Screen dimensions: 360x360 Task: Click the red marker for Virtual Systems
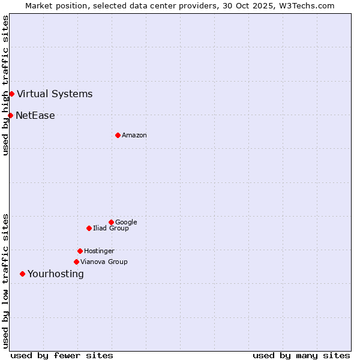tap(11, 94)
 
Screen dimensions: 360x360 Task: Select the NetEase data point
tap(10, 115)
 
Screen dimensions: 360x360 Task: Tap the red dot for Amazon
tap(118, 135)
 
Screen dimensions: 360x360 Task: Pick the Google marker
tap(111, 222)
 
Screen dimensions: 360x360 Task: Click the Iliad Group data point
tap(89, 228)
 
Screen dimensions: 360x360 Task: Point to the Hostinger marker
tap(80, 251)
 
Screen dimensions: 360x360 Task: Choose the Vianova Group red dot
tap(76, 262)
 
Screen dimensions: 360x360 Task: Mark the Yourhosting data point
tap(22, 274)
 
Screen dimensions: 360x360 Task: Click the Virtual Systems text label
tap(55, 94)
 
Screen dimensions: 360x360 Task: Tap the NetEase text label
tap(35, 116)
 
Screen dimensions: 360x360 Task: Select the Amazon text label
tap(134, 136)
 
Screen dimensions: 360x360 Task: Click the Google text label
tap(126, 223)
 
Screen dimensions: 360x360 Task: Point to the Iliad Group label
tap(111, 229)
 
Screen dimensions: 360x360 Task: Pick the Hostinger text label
tap(99, 251)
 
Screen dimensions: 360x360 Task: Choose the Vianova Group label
tap(104, 262)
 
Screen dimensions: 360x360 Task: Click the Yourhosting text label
tap(56, 274)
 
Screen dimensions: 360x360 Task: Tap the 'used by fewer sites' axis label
tap(62, 355)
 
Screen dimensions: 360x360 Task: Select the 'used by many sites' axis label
tap(301, 355)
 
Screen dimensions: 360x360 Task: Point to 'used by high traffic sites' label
tap(6, 85)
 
